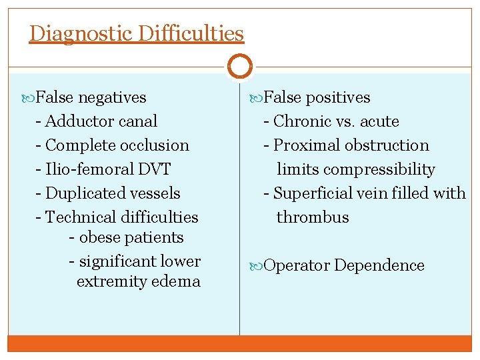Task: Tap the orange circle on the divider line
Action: pyautogui.click(x=239, y=67)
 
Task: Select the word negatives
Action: pyautogui.click(x=112, y=97)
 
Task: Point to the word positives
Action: pyautogui.click(x=338, y=97)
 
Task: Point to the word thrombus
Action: pyautogui.click(x=313, y=217)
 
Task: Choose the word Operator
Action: pyautogui.click(x=297, y=265)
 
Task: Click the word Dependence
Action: pyautogui.click(x=379, y=265)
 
